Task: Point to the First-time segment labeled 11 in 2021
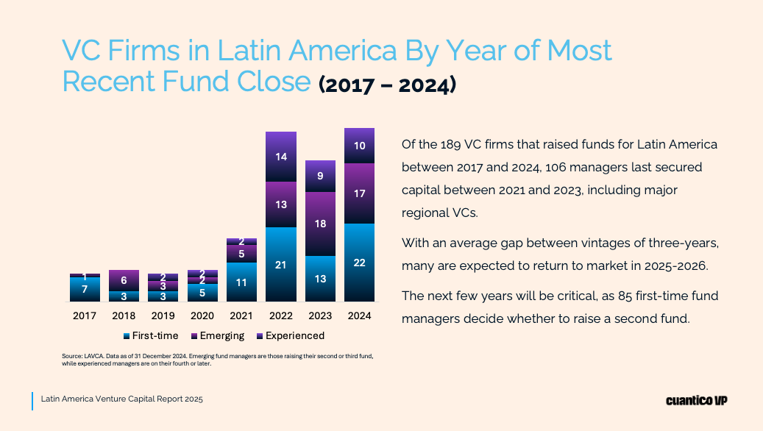[x=241, y=282]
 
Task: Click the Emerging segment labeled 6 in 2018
[x=124, y=280]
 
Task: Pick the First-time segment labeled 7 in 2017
[x=85, y=289]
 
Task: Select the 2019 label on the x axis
[x=163, y=316]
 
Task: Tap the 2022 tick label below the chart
[x=280, y=316]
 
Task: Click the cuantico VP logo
[x=696, y=400]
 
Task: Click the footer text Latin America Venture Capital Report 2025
[x=122, y=399]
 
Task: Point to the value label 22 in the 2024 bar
[x=359, y=263]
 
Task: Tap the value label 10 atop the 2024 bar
[x=359, y=146]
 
